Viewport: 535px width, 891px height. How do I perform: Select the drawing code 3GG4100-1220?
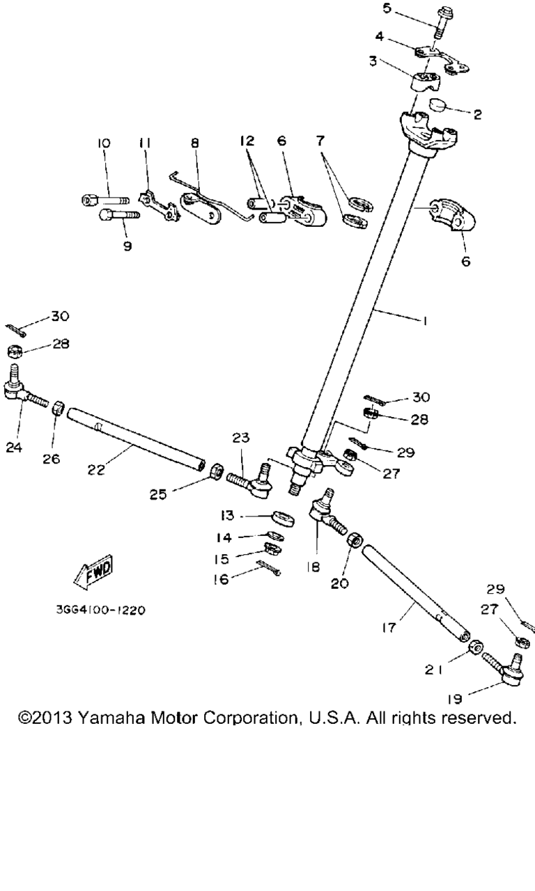[100, 610]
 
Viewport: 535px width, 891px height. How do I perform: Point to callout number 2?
[477, 115]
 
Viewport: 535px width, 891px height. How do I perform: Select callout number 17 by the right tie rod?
[388, 627]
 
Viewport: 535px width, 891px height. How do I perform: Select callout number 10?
[104, 143]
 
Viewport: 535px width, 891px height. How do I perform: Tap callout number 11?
[145, 143]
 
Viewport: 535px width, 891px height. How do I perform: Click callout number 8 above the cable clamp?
[194, 143]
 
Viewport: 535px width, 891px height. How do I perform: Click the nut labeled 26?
[59, 407]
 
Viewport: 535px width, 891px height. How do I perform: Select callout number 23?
[240, 439]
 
